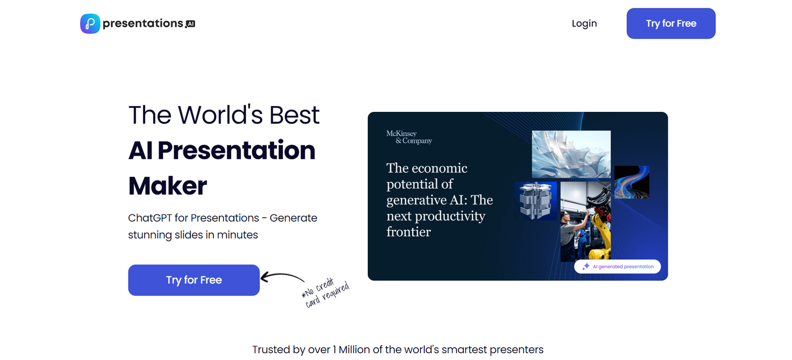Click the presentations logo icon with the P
[x=90, y=24]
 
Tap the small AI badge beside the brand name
[x=191, y=24]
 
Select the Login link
[x=584, y=23]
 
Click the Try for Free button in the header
[x=671, y=23]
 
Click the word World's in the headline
[x=221, y=115]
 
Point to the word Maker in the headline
[x=168, y=186]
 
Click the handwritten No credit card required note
[x=325, y=292]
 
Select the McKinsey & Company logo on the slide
[x=409, y=137]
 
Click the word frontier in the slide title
[x=408, y=232]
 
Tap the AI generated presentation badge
[x=617, y=266]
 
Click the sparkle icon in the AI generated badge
[x=586, y=266]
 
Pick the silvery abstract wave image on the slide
[x=571, y=154]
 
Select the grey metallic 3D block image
[x=535, y=201]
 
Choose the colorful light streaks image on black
[x=632, y=182]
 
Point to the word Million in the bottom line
[x=354, y=350]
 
